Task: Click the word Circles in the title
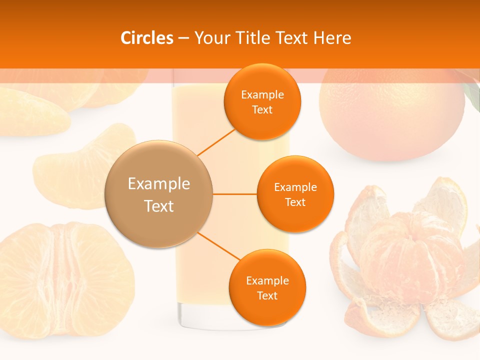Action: pyautogui.click(x=146, y=38)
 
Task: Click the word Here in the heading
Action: pyautogui.click(x=332, y=38)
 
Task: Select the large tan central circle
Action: pyautogui.click(x=159, y=194)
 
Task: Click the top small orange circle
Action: pyautogui.click(x=262, y=101)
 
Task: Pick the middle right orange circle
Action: pyautogui.click(x=295, y=194)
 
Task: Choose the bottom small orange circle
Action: pyautogui.click(x=267, y=287)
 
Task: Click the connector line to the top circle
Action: pyautogui.click(x=216, y=142)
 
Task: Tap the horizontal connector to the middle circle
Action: pyautogui.click(x=235, y=194)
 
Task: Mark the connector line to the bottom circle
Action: pyautogui.click(x=218, y=246)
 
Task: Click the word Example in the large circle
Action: pyautogui.click(x=159, y=184)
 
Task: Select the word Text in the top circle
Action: pyautogui.click(x=262, y=109)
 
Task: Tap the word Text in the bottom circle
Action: pyautogui.click(x=267, y=295)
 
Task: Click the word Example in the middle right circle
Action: pyautogui.click(x=295, y=187)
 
